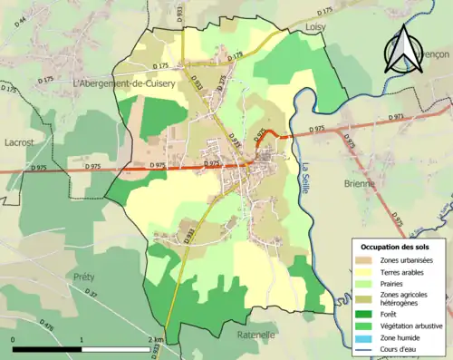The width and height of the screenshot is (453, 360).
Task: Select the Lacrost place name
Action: coord(19,143)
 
